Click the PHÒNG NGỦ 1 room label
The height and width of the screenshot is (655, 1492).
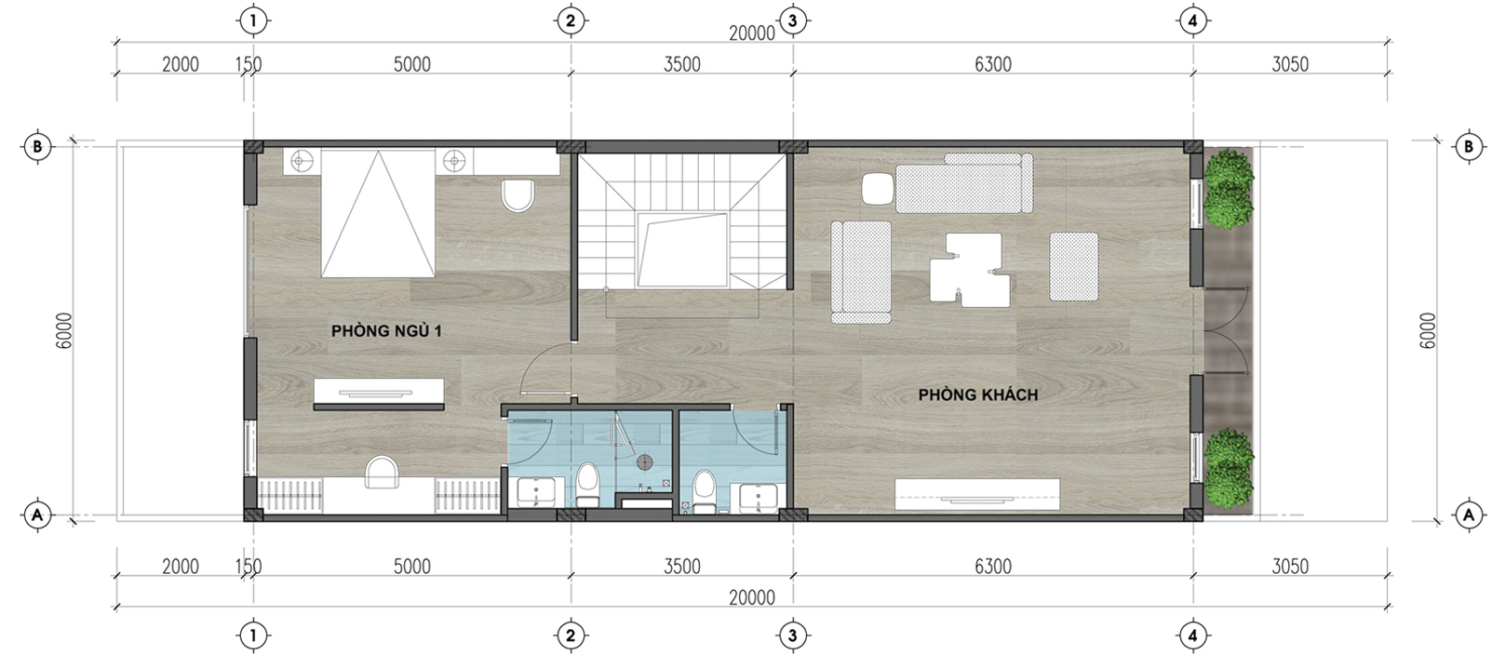386,331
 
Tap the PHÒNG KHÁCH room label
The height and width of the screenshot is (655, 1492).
978,394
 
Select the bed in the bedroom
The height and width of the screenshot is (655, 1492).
378,214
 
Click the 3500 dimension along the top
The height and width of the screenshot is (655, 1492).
682,64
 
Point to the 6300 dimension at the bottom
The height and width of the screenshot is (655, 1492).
992,567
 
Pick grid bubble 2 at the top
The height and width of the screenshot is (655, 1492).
571,21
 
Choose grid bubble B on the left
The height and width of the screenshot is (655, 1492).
37,146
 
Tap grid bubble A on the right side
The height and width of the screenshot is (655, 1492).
1468,515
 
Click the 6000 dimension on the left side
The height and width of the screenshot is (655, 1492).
64,330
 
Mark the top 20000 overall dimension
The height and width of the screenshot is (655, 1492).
752,33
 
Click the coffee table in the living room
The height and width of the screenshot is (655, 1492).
970,270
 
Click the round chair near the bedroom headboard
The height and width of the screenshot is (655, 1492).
518,194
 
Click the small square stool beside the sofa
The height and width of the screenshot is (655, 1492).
878,188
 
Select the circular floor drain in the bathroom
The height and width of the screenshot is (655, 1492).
645,462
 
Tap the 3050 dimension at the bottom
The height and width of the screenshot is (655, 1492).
1290,567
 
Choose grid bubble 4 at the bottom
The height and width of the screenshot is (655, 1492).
1192,635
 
